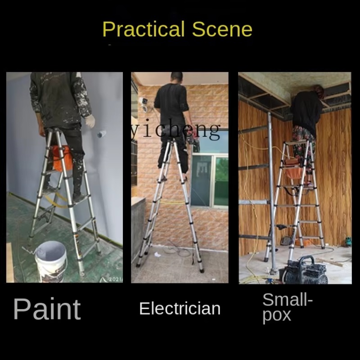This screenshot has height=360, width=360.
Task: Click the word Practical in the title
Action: click(144, 29)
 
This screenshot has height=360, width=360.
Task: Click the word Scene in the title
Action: click(222, 29)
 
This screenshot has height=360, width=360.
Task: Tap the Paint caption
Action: click(47, 309)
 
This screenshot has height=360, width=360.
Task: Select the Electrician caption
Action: click(180, 309)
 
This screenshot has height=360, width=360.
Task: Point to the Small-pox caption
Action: click(288, 308)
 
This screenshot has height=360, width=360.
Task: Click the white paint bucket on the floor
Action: click(51, 261)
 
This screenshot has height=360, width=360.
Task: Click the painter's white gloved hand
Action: click(90, 121)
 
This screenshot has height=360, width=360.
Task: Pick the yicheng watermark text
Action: click(175, 130)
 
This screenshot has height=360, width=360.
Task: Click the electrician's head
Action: click(177, 77)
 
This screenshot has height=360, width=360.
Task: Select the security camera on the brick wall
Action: click(144, 104)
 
